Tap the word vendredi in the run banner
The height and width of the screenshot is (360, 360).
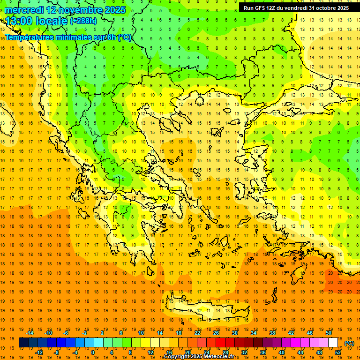294,8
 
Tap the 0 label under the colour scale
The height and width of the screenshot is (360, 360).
93,352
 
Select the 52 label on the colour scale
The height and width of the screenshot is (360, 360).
337,352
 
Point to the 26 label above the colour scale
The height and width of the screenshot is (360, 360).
216,333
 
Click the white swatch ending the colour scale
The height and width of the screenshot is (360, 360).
333,343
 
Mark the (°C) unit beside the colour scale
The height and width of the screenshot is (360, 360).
349,343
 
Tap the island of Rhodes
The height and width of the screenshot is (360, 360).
297,277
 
